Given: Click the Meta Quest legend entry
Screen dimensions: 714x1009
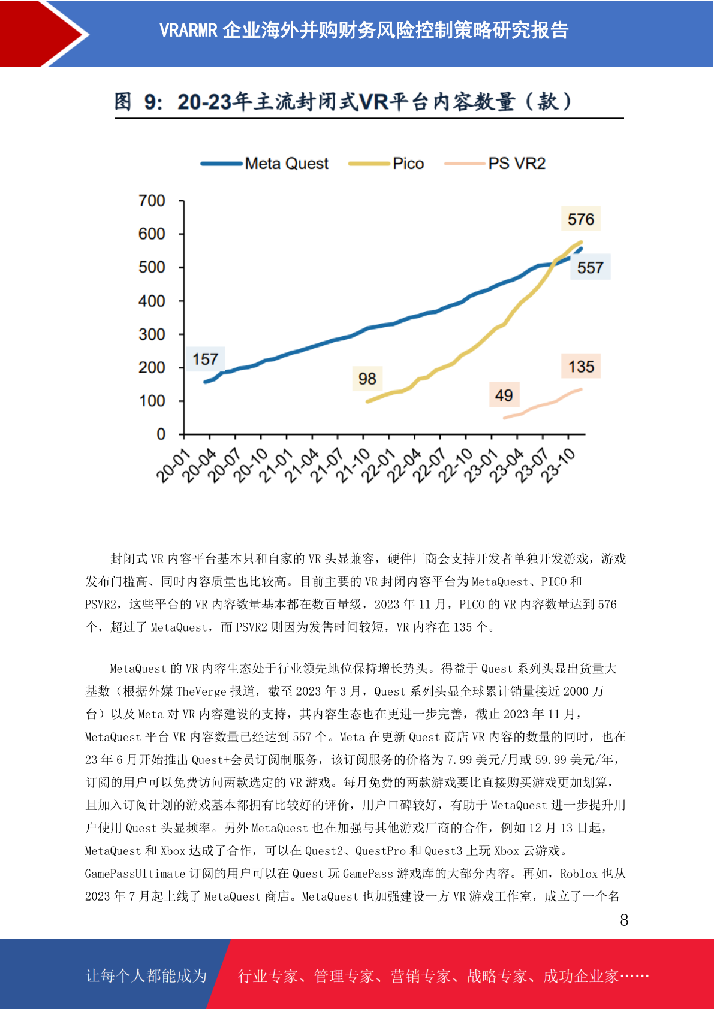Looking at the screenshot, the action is pyautogui.click(x=264, y=163).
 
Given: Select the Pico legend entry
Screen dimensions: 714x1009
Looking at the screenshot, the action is pyautogui.click(x=386, y=163).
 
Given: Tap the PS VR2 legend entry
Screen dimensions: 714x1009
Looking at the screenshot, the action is pyautogui.click(x=495, y=163).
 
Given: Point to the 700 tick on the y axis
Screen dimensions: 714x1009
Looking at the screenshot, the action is pyautogui.click(x=152, y=201).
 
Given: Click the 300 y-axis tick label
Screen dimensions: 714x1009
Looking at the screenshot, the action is pyautogui.click(x=152, y=334).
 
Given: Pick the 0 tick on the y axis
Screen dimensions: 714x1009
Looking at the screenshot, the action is pyautogui.click(x=161, y=434).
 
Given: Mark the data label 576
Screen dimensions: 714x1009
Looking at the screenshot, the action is pyautogui.click(x=580, y=219).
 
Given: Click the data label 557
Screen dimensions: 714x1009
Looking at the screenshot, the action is pyautogui.click(x=590, y=268).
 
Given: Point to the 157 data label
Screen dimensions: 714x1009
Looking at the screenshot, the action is pyautogui.click(x=206, y=359).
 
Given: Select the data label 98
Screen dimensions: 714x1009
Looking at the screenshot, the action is pyautogui.click(x=367, y=379).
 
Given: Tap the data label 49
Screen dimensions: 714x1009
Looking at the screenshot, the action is pyautogui.click(x=504, y=395).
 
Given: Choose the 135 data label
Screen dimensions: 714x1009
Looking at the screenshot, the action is pyautogui.click(x=581, y=367).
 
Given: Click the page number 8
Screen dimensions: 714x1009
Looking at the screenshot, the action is pyautogui.click(x=624, y=920).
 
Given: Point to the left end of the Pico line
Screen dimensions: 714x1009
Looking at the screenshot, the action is pyautogui.click(x=368, y=401).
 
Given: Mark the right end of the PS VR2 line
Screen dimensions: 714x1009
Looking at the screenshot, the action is pyautogui.click(x=580, y=389).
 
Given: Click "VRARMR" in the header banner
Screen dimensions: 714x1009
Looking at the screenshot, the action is pyautogui.click(x=188, y=31).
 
